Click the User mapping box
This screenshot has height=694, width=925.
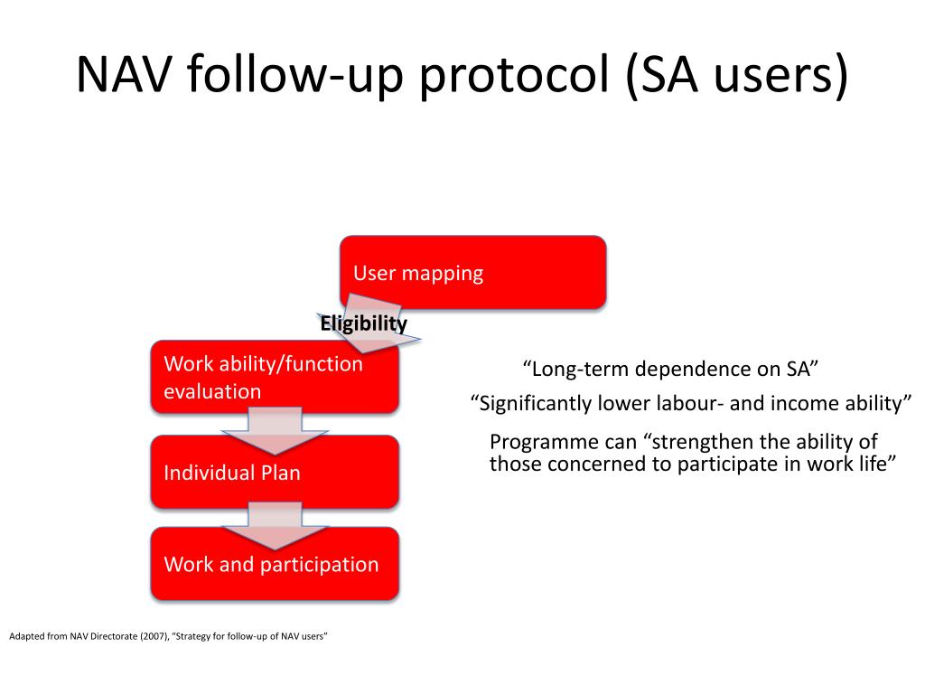coord(472,273)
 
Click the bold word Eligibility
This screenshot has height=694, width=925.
coord(363,324)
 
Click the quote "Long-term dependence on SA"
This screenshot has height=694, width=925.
coord(670,369)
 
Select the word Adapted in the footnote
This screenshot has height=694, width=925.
coord(26,637)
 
